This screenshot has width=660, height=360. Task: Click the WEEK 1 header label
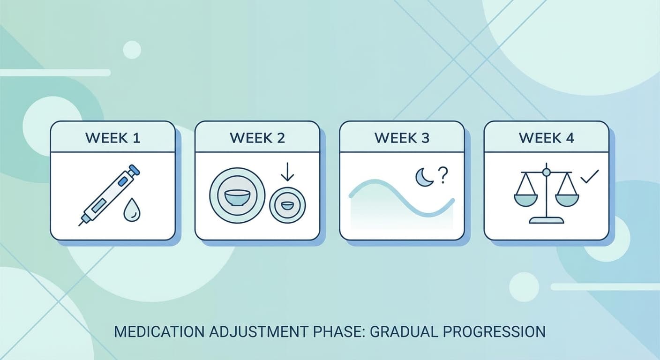pyautogui.click(x=112, y=138)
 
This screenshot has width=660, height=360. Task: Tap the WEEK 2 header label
pyautogui.click(x=257, y=138)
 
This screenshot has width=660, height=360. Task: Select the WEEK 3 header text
pyautogui.click(x=402, y=138)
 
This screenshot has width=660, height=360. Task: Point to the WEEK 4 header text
pyautogui.click(x=546, y=138)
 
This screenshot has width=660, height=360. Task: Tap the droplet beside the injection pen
pyautogui.click(x=131, y=211)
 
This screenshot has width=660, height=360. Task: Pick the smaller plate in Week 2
pyautogui.click(x=287, y=205)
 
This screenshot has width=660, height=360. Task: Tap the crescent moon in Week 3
pyautogui.click(x=424, y=178)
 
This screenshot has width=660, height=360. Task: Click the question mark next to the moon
pyautogui.click(x=442, y=175)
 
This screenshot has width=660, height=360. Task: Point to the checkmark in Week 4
pyautogui.click(x=589, y=177)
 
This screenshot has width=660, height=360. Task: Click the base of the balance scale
pyautogui.click(x=546, y=220)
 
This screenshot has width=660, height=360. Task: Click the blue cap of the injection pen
pyautogui.click(x=134, y=169)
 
